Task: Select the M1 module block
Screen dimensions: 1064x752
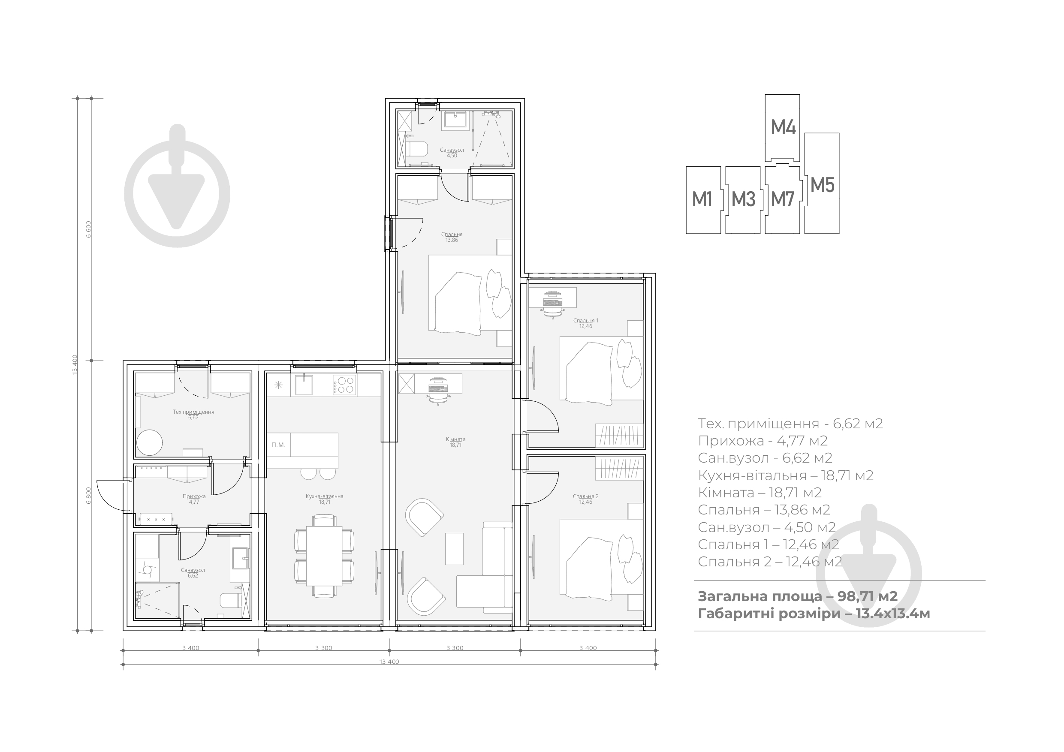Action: point(703,200)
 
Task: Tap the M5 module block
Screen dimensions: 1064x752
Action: point(822,183)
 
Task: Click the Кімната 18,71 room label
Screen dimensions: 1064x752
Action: point(455,442)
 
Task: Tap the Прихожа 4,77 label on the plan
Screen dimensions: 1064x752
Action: point(194,499)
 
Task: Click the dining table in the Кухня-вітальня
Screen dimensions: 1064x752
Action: point(324,556)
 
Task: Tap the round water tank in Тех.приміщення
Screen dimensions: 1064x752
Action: point(149,443)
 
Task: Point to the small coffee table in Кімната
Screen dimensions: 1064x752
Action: point(454,549)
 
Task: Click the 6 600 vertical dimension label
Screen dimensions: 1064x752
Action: point(88,229)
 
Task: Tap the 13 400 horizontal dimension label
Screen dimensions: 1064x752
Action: point(389,662)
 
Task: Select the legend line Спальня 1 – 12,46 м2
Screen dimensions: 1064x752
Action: point(769,544)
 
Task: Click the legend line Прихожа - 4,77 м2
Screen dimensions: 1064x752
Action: point(763,441)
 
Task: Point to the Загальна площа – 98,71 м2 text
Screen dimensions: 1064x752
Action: point(798,596)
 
